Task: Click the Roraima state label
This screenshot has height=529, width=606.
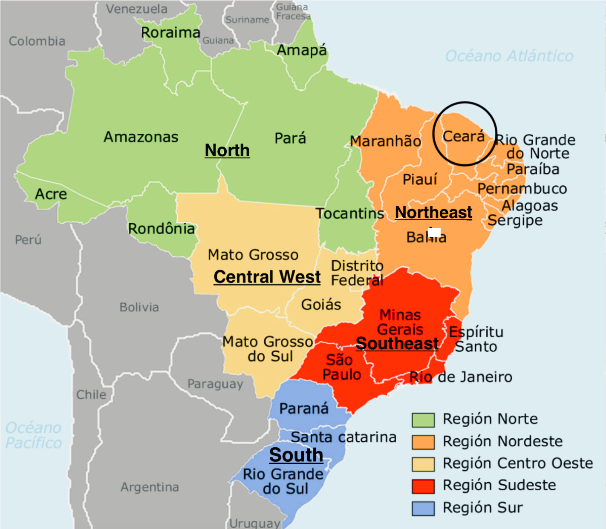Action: [170, 33]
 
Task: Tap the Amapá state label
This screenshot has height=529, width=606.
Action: [302, 50]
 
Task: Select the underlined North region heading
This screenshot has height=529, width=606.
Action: [227, 150]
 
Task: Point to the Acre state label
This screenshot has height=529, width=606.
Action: [51, 194]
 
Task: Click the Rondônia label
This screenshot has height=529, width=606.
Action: [162, 229]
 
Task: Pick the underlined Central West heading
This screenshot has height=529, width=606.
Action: [267, 277]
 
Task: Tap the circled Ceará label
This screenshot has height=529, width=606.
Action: [464, 136]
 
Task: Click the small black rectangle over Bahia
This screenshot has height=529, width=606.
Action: [434, 232]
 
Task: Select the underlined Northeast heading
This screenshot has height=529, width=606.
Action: [433, 212]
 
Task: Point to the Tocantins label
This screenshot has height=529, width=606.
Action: [349, 213]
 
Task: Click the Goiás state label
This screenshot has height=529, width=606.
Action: [321, 305]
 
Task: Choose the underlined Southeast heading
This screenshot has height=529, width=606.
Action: [397, 343]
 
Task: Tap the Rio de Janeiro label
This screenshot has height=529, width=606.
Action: [461, 377]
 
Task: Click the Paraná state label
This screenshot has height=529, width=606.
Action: [304, 408]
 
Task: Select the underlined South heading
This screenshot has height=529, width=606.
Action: [296, 455]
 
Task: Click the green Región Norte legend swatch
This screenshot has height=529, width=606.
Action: [423, 420]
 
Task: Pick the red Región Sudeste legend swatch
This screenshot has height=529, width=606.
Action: [423, 486]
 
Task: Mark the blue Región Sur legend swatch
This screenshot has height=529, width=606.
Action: [423, 508]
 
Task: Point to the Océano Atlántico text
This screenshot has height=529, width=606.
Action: [509, 56]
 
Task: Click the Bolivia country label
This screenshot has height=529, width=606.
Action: [139, 307]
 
